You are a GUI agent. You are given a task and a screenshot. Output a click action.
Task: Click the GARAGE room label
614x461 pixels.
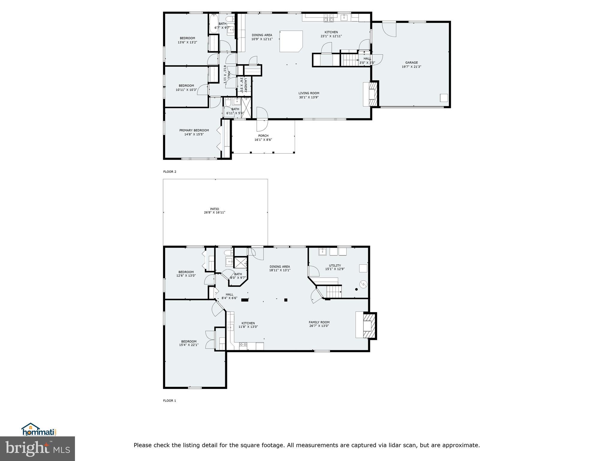tap(411, 63)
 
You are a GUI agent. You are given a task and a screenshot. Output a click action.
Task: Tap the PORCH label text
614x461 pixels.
tap(263, 136)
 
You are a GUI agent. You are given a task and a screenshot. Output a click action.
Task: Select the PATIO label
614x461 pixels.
tap(215, 209)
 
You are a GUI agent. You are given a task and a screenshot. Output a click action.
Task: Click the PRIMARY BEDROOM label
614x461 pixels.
tap(194, 130)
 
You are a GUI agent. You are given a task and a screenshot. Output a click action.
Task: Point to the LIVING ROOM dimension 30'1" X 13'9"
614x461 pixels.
tap(309, 97)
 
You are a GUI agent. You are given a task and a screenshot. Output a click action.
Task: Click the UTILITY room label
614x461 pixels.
tap(335, 265)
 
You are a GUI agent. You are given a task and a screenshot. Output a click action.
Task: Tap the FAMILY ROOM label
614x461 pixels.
tap(319, 322)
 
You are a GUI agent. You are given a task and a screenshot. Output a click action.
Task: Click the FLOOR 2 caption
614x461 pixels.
tap(170, 172)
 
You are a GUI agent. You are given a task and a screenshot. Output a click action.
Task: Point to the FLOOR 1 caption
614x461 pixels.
tap(170, 401)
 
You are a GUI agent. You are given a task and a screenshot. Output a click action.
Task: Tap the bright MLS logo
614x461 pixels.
tap(37, 448)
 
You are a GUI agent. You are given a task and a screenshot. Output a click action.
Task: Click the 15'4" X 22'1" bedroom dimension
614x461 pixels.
tap(189, 345)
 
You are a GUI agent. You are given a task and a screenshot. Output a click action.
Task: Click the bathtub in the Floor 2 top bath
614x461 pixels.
tap(213, 23)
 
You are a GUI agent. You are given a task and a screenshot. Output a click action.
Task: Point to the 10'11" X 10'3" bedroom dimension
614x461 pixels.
tap(186, 90)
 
